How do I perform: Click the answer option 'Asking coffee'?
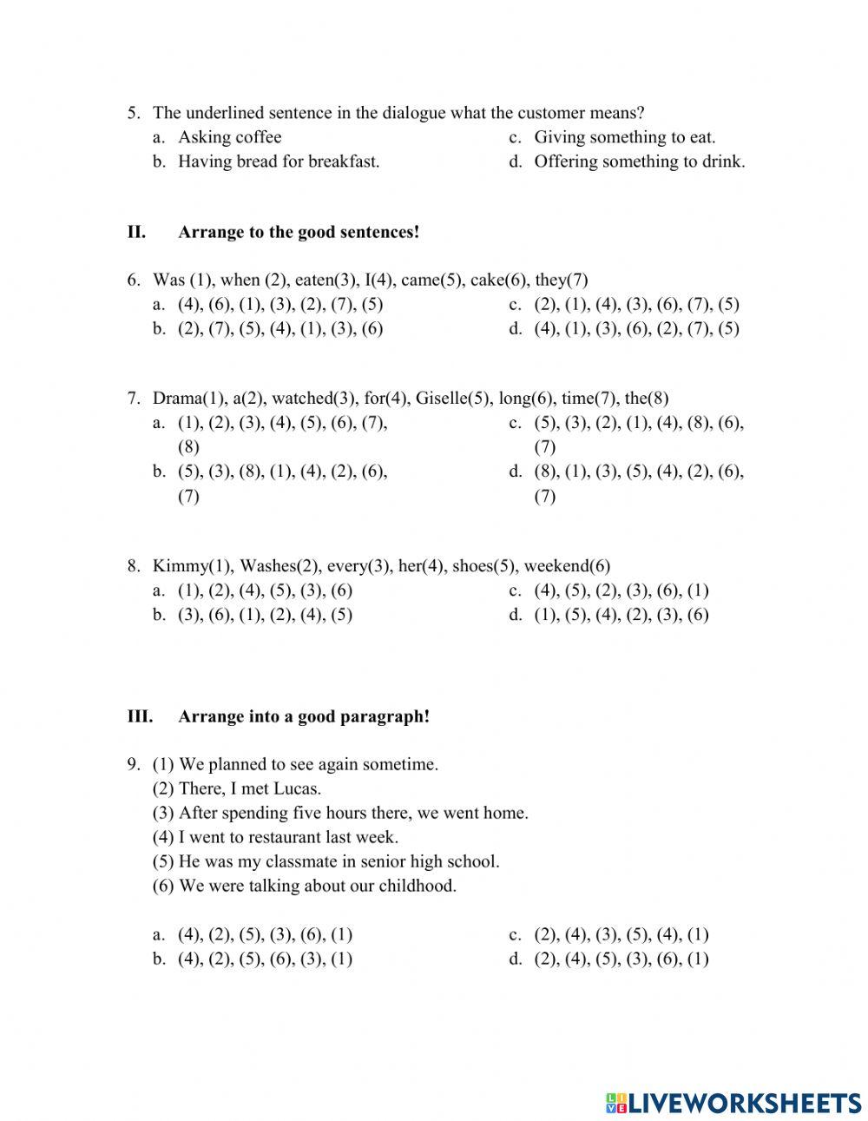pos(229,137)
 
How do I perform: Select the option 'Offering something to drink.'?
pos(639,162)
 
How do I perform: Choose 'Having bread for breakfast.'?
pos(279,162)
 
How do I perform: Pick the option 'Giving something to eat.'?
pos(624,137)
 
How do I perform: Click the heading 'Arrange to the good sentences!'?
pos(299,233)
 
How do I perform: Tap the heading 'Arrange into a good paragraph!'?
pos(304,716)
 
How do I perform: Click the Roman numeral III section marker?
pos(140,716)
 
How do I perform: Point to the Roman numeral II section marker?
pos(136,233)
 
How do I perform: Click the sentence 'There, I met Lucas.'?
pos(249,789)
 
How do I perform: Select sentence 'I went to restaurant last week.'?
pos(287,838)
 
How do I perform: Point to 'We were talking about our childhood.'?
pos(317,887)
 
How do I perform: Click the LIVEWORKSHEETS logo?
pos(733,1103)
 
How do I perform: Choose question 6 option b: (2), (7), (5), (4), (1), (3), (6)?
pos(280,329)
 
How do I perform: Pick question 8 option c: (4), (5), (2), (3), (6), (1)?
pos(621,590)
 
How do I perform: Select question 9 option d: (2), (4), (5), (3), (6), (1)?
pos(621,959)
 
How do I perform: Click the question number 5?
pos(133,113)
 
